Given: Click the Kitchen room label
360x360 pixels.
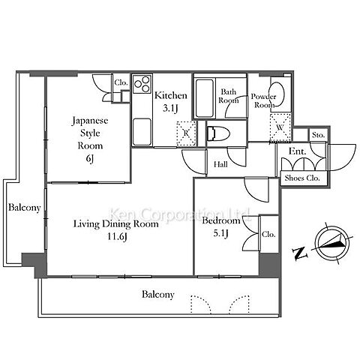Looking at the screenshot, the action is pos(171,95).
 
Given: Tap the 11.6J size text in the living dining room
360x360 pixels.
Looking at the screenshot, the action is pos(117,236).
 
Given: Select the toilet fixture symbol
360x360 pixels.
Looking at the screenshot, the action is pos(218,133).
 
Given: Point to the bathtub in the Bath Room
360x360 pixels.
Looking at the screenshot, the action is pos(205,98).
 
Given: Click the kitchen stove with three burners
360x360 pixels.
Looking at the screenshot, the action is pos(142,83).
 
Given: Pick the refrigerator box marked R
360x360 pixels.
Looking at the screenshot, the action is pos(186,133).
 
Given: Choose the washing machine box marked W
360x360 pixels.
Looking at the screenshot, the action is pos(280,127).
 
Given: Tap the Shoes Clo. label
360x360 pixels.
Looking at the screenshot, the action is pos(302,178).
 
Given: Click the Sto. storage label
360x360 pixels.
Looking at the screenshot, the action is pos(318,135).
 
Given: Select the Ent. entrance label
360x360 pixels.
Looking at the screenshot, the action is pos(297,151).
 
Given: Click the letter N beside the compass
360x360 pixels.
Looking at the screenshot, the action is pos(300,253).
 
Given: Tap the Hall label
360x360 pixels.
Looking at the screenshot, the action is pos(220,164).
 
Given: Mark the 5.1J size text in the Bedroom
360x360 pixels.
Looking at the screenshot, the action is pos(220,234).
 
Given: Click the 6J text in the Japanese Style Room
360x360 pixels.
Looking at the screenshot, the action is pos(90,158).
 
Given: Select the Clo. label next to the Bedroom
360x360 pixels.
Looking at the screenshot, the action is pos(268,235).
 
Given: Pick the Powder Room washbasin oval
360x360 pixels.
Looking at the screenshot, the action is pos(277,94).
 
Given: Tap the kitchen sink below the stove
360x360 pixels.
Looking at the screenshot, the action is pos(142,131).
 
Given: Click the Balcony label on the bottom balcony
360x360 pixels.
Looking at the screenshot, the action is pos(158,294).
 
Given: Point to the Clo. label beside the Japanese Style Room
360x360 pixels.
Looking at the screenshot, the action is pos(121,82).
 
